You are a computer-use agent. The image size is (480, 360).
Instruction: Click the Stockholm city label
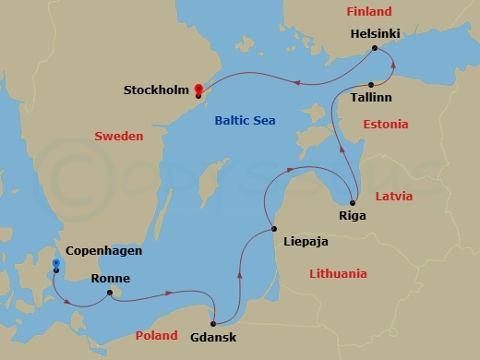click(x=156, y=90)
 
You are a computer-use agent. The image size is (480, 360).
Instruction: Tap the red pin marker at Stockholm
click(x=198, y=90)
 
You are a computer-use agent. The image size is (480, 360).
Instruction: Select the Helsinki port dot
click(x=374, y=48)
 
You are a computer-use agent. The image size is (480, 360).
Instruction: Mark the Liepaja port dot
click(x=273, y=229)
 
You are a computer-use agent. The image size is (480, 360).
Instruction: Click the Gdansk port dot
click(x=213, y=323)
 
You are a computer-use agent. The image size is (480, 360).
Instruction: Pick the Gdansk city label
click(x=213, y=338)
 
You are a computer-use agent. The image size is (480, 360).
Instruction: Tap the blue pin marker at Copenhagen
click(x=56, y=266)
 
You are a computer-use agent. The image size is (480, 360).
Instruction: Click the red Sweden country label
click(x=119, y=137)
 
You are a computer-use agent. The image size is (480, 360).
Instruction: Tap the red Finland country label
click(x=368, y=12)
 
